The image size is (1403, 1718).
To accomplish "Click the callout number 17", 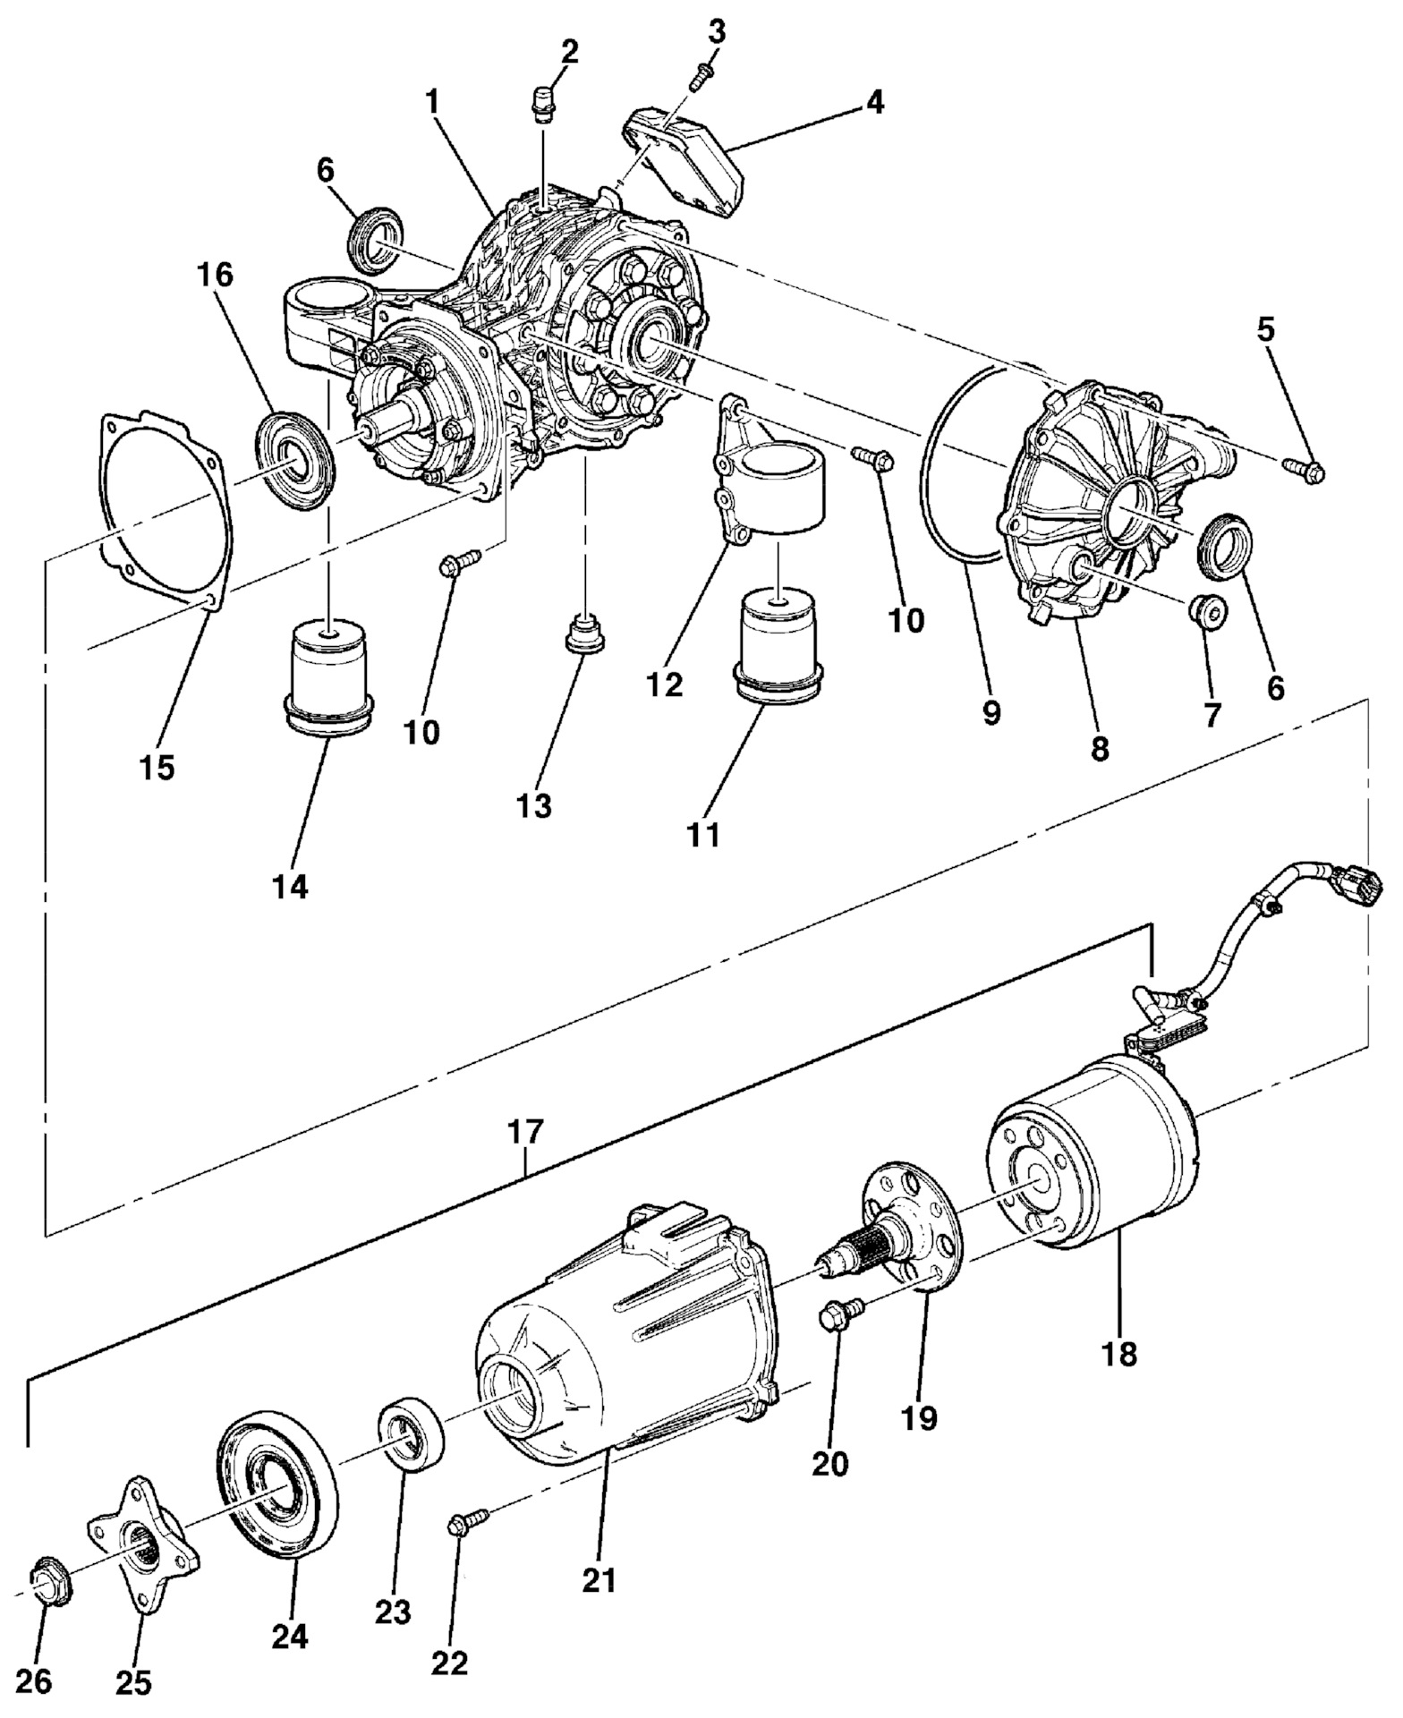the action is (x=525, y=1132).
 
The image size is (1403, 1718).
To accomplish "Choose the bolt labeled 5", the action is (x=1305, y=468).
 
